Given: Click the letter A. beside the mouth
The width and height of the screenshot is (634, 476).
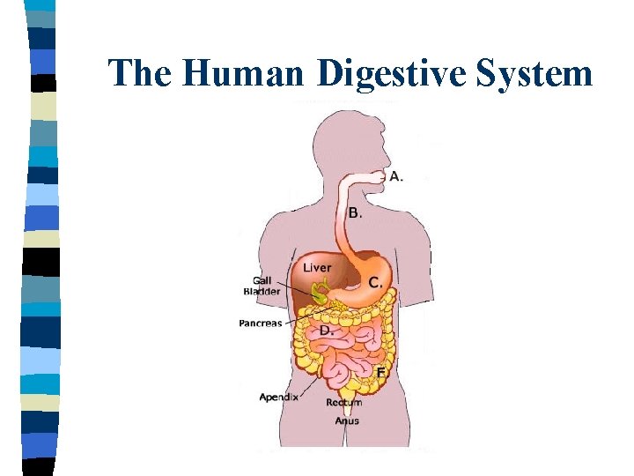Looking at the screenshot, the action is tap(396, 176).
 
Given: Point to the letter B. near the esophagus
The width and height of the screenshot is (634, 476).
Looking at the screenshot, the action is tap(355, 212).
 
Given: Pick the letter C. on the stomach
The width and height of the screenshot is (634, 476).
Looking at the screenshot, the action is tap(375, 282).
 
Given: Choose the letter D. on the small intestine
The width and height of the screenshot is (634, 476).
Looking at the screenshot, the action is tap(325, 330).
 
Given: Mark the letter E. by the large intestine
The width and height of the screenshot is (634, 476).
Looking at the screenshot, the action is tap(381, 372).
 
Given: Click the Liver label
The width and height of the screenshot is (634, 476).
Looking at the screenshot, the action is tap(317, 267).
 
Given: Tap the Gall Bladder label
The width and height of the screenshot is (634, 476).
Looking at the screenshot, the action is tap(262, 286).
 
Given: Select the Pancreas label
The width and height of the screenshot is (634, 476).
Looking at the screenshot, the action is tap(261, 324).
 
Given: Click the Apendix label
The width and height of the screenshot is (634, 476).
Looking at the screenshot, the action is tap(278, 398).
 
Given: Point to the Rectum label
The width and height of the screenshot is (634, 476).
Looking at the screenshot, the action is tap(343, 403).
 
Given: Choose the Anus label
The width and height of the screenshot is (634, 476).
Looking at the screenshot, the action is tap(346, 420).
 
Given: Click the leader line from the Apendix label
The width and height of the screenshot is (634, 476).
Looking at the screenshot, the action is tap(310, 385).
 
